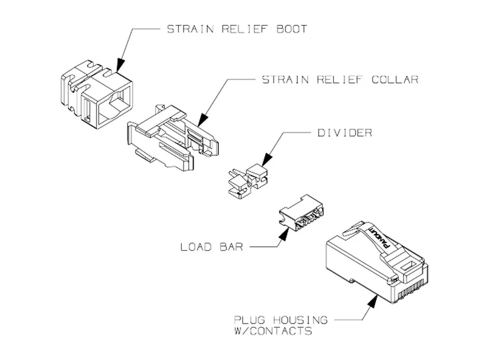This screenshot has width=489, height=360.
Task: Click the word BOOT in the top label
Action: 292,29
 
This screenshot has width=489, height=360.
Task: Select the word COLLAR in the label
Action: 395,80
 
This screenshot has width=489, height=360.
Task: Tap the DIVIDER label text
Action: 345,133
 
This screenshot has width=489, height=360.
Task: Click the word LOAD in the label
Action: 196,247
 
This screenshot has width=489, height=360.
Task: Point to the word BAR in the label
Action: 231,247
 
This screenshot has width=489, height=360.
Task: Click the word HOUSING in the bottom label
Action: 300,320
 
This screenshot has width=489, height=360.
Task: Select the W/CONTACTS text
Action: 273,330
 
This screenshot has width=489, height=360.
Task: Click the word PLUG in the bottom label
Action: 249,320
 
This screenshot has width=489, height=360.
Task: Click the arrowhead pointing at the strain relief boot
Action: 121,65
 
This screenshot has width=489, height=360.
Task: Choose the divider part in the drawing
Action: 248,181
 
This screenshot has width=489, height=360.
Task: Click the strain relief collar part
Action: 173,137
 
